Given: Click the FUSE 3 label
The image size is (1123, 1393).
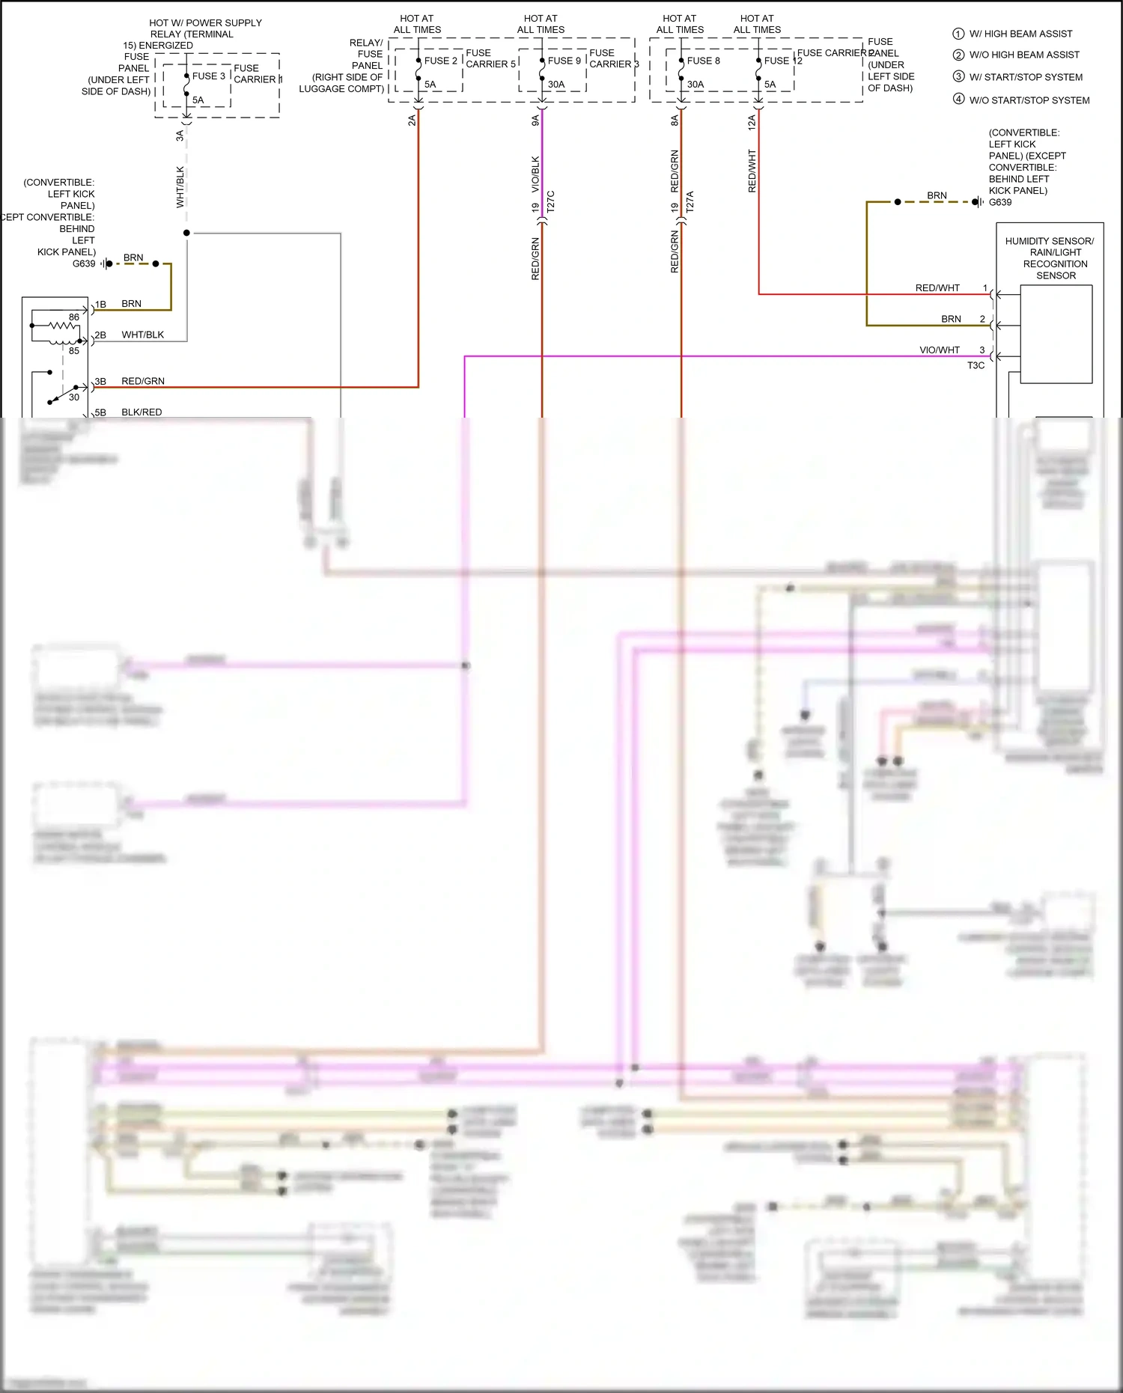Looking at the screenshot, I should (x=208, y=76).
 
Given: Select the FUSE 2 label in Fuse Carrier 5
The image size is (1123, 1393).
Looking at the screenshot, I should (x=440, y=61).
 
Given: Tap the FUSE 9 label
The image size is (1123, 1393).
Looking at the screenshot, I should (x=564, y=61).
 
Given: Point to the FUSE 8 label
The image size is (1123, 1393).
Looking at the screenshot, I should (x=703, y=61).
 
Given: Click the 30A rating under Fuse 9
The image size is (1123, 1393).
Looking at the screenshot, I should (x=556, y=85).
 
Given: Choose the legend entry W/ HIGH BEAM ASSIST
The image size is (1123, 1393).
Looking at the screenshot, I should (x=1020, y=34).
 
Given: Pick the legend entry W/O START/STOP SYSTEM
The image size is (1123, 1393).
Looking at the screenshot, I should (x=1029, y=100).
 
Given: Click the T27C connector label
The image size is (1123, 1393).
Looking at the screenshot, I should (x=551, y=201).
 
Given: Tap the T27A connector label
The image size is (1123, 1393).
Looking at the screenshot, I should (x=690, y=201).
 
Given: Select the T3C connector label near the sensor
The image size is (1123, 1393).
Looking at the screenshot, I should (x=976, y=365).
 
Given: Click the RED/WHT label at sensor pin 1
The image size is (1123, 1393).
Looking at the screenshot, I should (x=937, y=288).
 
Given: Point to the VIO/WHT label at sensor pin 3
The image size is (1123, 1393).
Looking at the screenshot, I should (x=939, y=350).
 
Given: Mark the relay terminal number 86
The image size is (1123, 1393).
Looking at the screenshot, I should (x=73, y=317).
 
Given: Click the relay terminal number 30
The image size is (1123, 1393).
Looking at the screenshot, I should (x=73, y=397).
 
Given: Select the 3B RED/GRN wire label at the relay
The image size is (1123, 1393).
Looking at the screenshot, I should (x=142, y=381).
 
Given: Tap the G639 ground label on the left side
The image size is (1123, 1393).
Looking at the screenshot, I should (x=83, y=263).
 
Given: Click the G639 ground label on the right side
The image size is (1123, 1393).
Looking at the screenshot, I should (x=999, y=202).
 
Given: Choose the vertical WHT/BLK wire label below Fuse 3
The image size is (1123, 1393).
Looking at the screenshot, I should (x=180, y=187).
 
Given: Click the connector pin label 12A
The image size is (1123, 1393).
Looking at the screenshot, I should (x=752, y=122).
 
